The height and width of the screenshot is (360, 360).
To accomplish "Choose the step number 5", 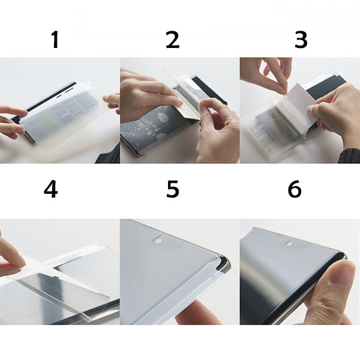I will tap(173, 189).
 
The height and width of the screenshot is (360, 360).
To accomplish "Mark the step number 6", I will tap(294, 189).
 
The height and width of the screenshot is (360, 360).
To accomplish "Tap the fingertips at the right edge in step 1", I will tap(112, 101).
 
